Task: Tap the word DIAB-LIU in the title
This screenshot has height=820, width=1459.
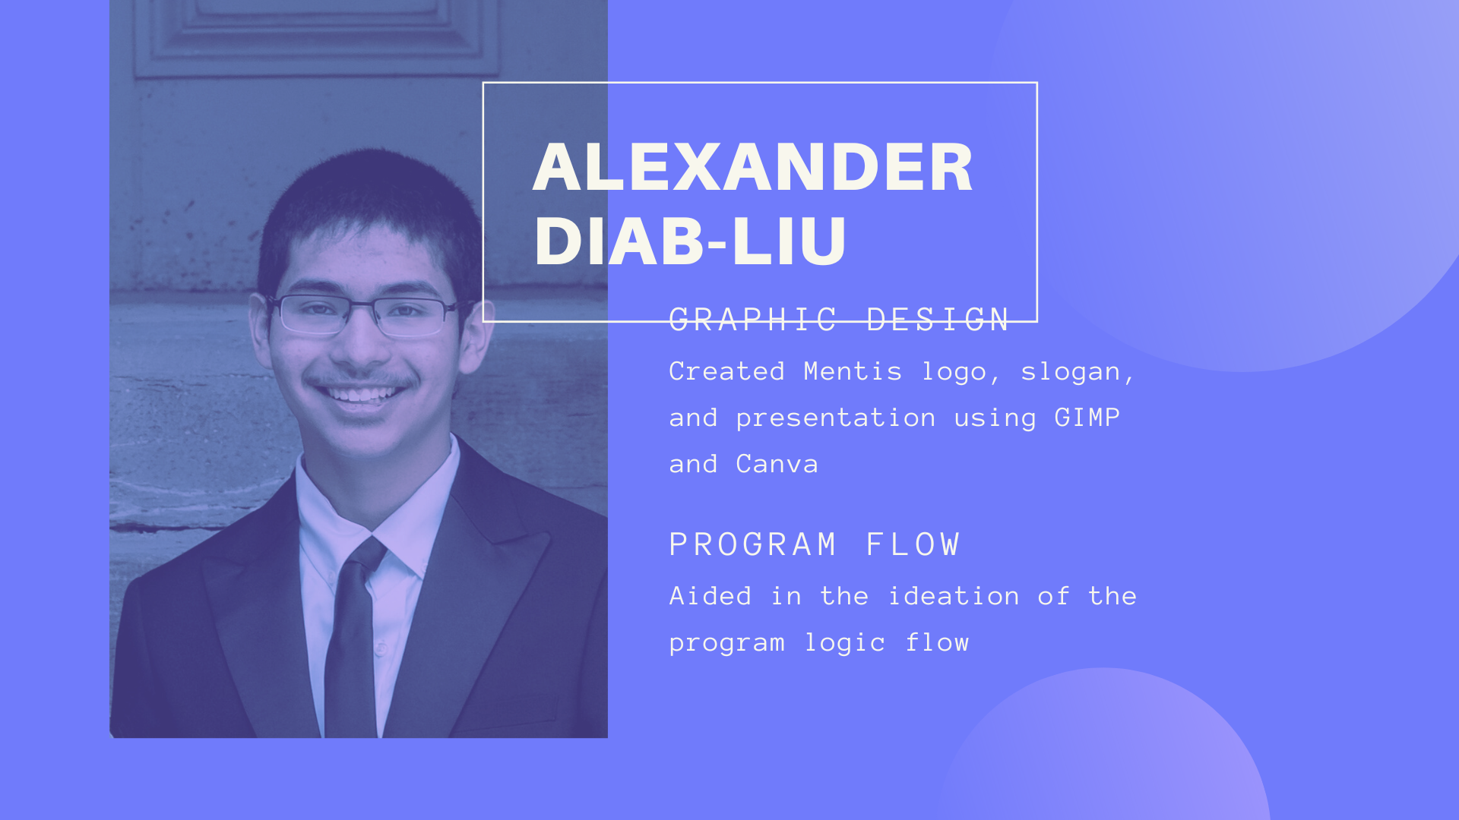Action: tap(690, 241)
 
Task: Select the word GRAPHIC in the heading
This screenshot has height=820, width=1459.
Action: tap(753, 320)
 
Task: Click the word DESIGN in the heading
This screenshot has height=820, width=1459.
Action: tap(938, 320)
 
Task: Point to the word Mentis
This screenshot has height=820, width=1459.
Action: tap(853, 371)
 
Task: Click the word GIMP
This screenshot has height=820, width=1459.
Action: tap(1087, 418)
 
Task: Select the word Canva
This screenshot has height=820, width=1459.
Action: tap(777, 464)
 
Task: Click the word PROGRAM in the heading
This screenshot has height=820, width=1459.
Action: tap(753, 544)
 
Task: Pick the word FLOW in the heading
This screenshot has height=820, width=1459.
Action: tap(913, 544)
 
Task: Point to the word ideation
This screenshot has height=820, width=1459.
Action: tap(954, 596)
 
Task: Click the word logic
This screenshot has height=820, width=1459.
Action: tap(845, 642)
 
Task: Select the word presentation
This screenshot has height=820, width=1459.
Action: tap(836, 418)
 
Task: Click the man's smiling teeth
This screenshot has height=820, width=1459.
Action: tap(361, 395)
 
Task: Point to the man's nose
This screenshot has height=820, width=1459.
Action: tap(363, 342)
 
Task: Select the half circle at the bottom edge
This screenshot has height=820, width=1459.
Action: tap(1103, 748)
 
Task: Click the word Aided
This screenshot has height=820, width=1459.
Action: tap(711, 596)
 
